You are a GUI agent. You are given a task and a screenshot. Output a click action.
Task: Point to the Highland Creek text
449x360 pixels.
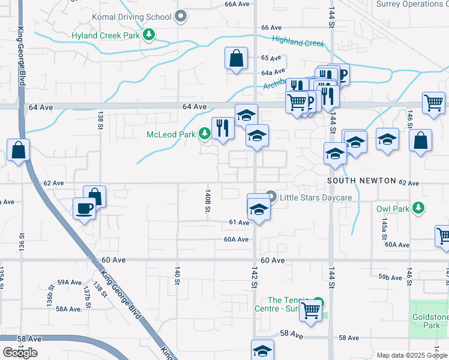pos(298,41)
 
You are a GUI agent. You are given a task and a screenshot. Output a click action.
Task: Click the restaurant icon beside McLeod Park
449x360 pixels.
pos(222,129)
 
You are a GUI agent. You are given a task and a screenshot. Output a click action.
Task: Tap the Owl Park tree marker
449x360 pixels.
pos(418,209)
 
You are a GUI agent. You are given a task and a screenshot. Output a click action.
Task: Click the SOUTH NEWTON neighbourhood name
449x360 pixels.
pos(361,181)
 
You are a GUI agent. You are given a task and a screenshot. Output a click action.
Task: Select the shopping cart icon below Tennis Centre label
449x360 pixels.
pos(310,311)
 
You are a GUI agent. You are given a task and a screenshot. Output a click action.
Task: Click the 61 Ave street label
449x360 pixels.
pos(239,223)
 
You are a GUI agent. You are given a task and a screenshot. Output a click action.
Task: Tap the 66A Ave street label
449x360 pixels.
pos(237,4)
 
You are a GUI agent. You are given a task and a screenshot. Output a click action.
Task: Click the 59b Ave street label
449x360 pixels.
pos(390,277)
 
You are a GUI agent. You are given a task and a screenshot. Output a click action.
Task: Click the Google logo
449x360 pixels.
pos(20,352)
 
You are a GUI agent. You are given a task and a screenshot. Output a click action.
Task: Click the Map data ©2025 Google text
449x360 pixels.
pos(411,355)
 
